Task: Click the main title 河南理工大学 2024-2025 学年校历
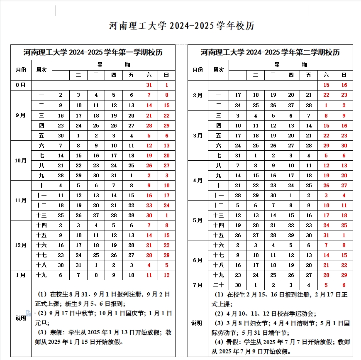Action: [x=181, y=26]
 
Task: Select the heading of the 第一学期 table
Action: [x=93, y=52]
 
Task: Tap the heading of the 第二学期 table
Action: [x=270, y=52]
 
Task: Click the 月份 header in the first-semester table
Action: [x=21, y=70]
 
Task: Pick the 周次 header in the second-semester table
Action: [x=219, y=70]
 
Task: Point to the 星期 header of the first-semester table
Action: [x=113, y=65]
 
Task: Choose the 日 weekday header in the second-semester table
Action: [x=344, y=75]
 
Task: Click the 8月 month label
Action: [x=21, y=85]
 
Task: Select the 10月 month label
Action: [x=21, y=160]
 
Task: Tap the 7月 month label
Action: [x=198, y=285]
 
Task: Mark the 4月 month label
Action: [x=198, y=181]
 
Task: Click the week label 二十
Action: [x=219, y=285]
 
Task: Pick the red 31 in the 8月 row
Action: [x=149, y=85]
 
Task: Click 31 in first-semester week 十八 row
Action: [x=78, y=265]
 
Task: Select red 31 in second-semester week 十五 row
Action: [x=326, y=235]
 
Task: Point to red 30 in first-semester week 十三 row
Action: [x=149, y=215]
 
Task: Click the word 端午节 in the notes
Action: [x=282, y=333]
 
